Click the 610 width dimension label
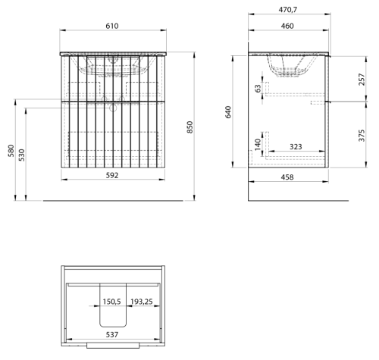pos(111,26)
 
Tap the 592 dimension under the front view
pos(112,175)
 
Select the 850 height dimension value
pos(189,127)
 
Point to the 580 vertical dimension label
pos(11,151)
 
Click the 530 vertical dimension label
pos(22,155)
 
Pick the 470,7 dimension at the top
pos(288,10)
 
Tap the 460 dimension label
pos(287,26)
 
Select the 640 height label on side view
pos(228,112)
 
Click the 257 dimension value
pos(362,80)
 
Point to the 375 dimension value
pos(362,136)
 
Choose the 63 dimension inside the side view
pos(258,89)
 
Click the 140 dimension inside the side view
pos(258,145)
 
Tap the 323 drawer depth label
pos(296,147)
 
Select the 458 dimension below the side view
pos(287,177)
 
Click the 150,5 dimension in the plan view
pos(111,302)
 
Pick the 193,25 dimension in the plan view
pos(142,302)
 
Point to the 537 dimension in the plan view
pos(112,335)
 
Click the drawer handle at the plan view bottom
pos(113,346)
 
